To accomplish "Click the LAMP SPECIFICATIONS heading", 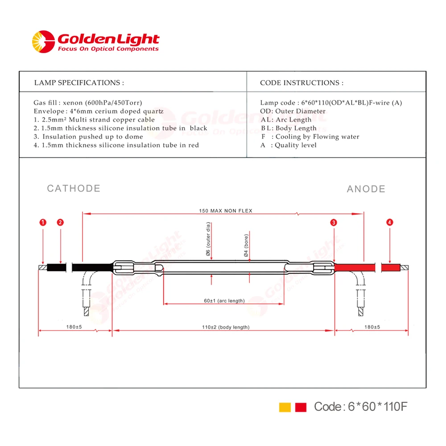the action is coord(79,83).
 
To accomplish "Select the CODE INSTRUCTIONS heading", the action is coord(301,83).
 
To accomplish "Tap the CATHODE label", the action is coord(74,188).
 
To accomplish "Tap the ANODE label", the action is coord(366,189).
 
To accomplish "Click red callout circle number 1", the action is coord(42,222).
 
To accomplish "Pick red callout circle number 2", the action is coord(60,222).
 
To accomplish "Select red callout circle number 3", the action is coord(334,222).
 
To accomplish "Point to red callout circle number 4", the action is coord(390,222).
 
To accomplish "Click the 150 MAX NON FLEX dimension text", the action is coord(225,211).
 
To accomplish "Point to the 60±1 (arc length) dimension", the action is coord(224,301).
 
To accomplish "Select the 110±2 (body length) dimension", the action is coord(225,327).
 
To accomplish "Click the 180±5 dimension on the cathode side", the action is coord(74,327).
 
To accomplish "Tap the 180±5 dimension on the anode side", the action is coord(371,327).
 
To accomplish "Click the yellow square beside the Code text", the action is coord(285,407).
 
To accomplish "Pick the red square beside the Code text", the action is coord(301,407).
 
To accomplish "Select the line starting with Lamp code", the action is coord(331,103).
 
